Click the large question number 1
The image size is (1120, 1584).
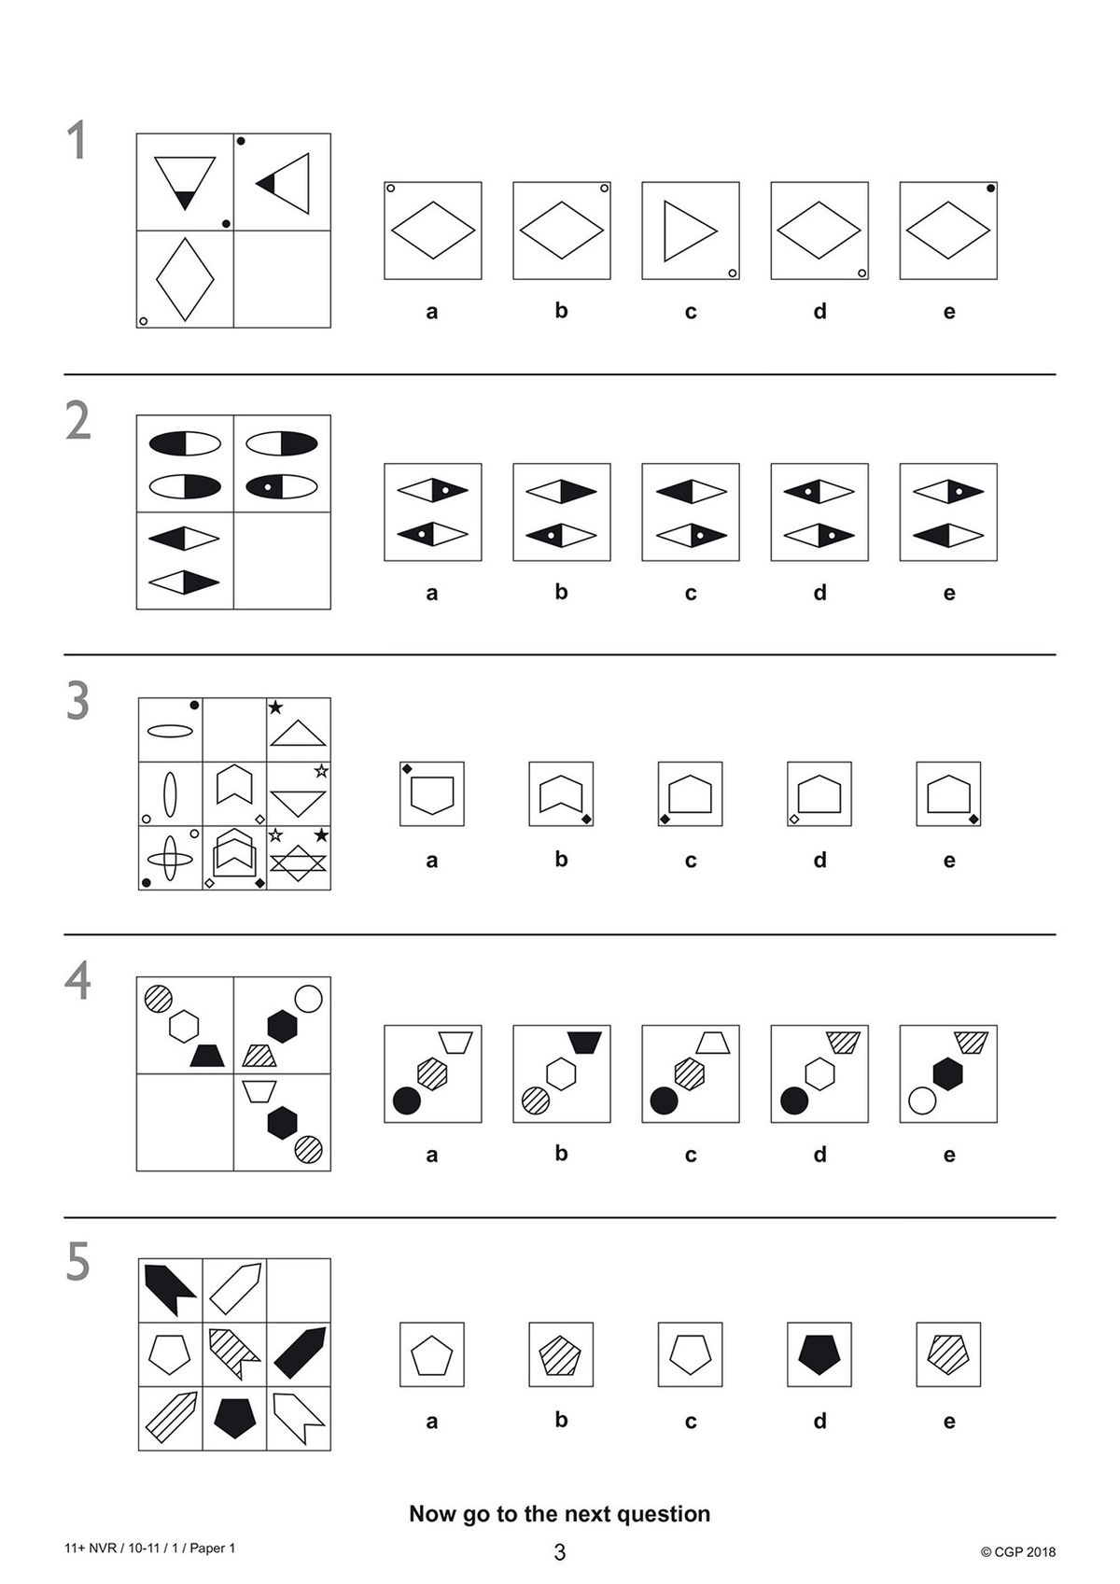click(x=77, y=141)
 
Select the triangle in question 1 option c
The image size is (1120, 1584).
click(x=688, y=231)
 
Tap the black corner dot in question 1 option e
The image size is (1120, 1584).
click(x=990, y=189)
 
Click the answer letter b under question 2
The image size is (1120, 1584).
click(x=561, y=592)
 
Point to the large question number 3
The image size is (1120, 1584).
click(x=77, y=701)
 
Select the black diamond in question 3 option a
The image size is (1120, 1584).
click(x=407, y=768)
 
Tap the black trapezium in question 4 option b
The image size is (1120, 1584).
click(x=585, y=1042)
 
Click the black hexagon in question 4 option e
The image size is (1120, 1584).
click(x=948, y=1073)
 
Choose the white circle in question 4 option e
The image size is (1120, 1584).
click(x=922, y=1101)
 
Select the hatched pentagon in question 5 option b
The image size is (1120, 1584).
click(x=561, y=1354)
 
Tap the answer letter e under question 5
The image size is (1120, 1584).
click(x=949, y=1422)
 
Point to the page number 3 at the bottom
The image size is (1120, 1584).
click(x=560, y=1552)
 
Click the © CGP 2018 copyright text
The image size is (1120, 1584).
click(x=1017, y=1552)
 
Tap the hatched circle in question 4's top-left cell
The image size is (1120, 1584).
click(x=159, y=999)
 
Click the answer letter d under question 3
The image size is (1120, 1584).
click(x=819, y=860)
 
